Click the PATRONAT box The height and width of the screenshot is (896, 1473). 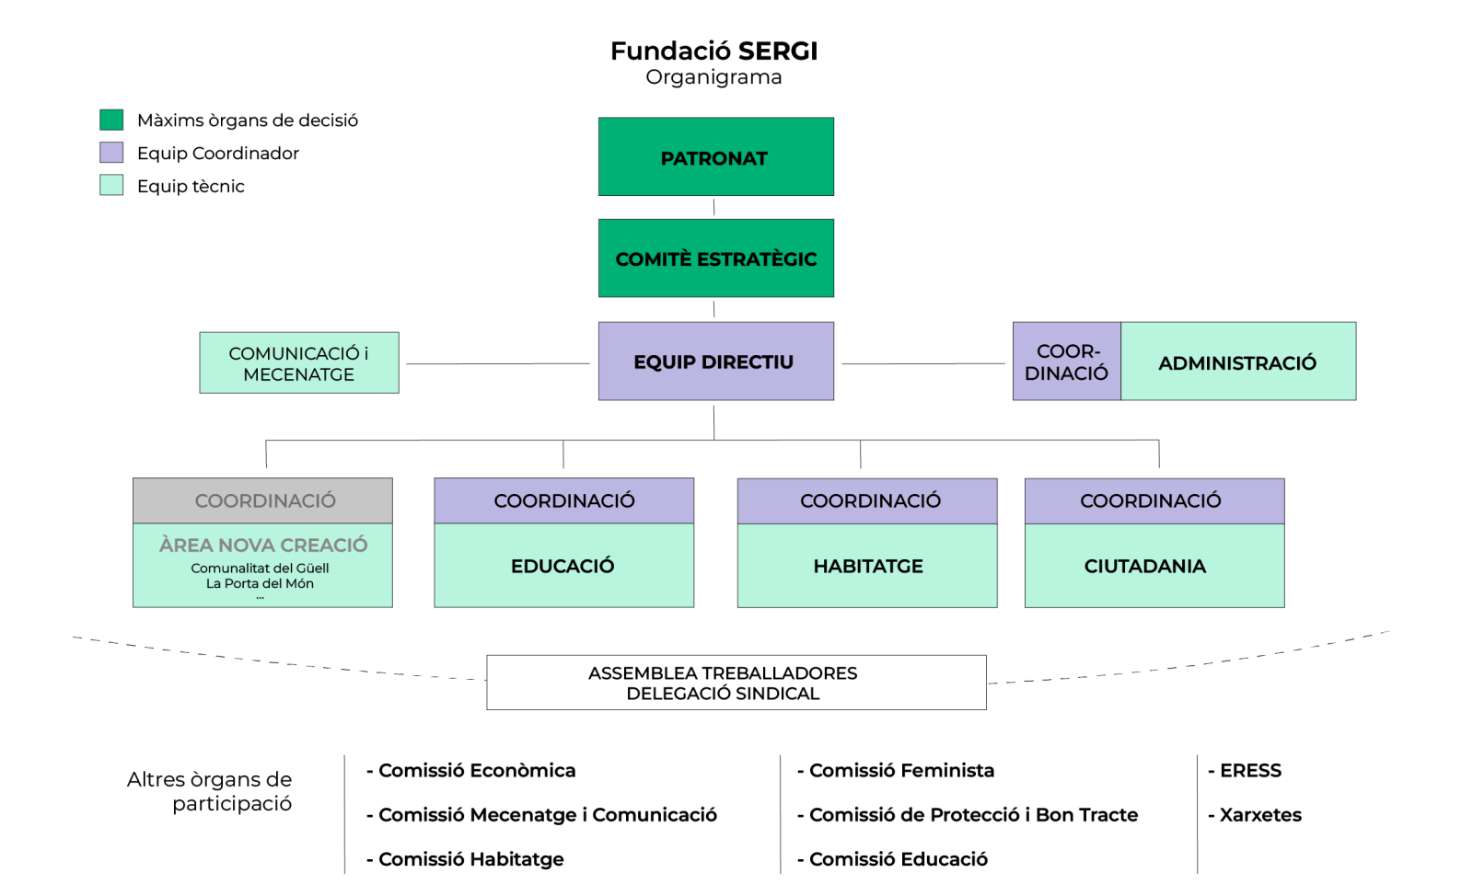[715, 157]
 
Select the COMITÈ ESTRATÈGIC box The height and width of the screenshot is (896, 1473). [715, 258]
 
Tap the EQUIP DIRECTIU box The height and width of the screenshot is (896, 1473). [715, 362]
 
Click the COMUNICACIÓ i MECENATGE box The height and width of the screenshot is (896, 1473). [299, 363]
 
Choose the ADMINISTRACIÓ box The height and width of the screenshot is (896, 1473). [1237, 362]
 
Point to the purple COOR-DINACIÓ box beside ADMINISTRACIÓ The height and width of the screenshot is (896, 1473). [1066, 362]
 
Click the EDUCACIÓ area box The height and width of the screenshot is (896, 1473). [563, 566]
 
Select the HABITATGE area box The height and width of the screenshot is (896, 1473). [867, 566]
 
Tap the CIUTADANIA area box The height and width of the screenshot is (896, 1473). [1154, 566]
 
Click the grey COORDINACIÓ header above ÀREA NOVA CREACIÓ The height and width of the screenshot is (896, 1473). [263, 500]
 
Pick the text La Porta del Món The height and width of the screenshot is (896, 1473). [260, 583]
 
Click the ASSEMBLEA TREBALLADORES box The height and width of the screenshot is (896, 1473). [736, 683]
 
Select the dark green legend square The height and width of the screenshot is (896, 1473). [111, 120]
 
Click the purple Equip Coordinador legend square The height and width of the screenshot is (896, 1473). [111, 153]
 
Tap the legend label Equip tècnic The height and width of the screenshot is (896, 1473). [191, 186]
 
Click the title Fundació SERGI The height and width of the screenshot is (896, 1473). [713, 51]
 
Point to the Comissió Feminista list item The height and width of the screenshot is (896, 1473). [900, 770]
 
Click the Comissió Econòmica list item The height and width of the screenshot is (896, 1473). [476, 770]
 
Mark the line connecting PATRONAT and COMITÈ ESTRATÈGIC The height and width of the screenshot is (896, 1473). [713, 207]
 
